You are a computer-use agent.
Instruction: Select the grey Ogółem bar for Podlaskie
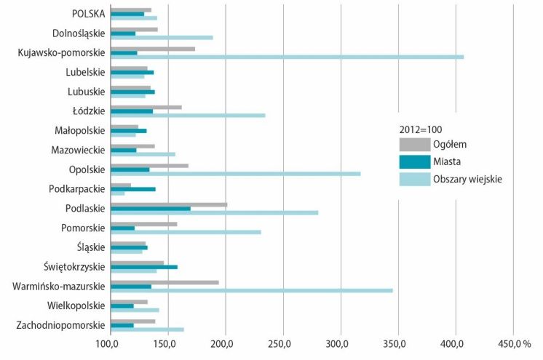[x=168, y=204]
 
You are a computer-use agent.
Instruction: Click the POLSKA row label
[x=88, y=13]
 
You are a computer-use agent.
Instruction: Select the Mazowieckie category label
[x=78, y=150]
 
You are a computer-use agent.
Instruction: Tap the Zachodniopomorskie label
[x=60, y=325]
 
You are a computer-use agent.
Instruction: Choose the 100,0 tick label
[x=110, y=343]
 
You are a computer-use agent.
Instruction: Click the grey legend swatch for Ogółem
[x=414, y=144]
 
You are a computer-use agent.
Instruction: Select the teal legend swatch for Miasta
[x=414, y=161]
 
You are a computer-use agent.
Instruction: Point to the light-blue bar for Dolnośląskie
[x=161, y=37]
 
